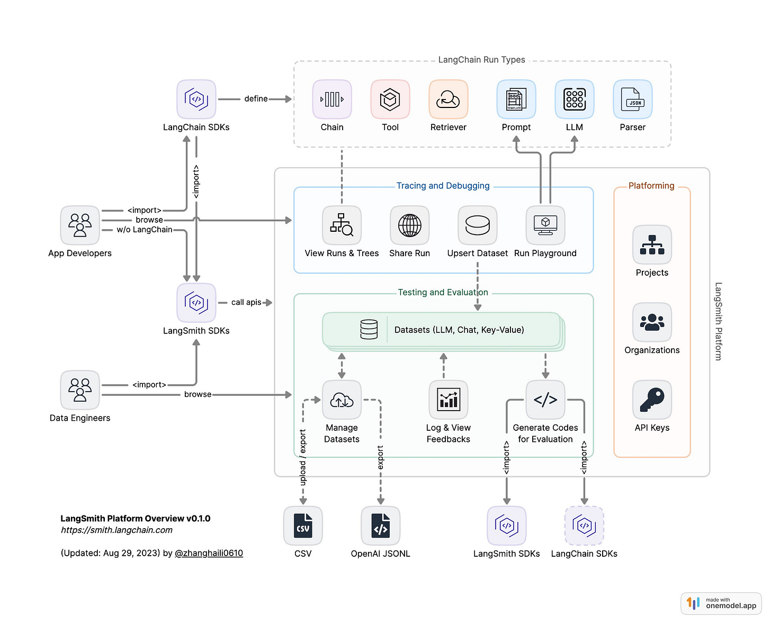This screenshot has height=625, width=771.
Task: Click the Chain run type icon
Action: pyautogui.click(x=332, y=99)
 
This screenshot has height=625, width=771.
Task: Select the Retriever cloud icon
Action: pyautogui.click(x=448, y=99)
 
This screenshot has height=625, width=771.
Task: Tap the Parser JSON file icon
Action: pyautogui.click(x=632, y=99)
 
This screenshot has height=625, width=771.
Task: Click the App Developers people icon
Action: pyautogui.click(x=80, y=225)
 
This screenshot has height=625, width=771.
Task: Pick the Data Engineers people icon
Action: pyautogui.click(x=80, y=390)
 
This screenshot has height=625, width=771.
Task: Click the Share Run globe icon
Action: pyautogui.click(x=409, y=225)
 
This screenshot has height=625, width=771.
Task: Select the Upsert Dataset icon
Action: pyautogui.click(x=477, y=225)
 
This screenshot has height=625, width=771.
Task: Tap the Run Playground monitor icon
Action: pyautogui.click(x=545, y=225)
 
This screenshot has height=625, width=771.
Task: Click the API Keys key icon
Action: pyautogui.click(x=652, y=400)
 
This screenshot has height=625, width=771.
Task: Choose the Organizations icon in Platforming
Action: pyautogui.click(x=652, y=322)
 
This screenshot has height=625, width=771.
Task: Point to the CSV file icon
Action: pyautogui.click(x=303, y=526)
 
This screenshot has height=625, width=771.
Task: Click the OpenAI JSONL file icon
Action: pyautogui.click(x=380, y=526)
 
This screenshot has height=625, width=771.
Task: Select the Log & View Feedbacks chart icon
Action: pyautogui.click(x=448, y=400)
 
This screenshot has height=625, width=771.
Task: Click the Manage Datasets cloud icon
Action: pyautogui.click(x=342, y=400)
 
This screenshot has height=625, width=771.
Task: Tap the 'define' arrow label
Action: pyautogui.click(x=256, y=99)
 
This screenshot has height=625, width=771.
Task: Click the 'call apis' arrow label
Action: pyautogui.click(x=246, y=303)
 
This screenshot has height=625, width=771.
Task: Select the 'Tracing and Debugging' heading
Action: pyautogui.click(x=443, y=186)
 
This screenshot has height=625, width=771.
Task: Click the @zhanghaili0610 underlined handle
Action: pyautogui.click(x=209, y=554)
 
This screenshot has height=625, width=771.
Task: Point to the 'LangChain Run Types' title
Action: pyautogui.click(x=481, y=60)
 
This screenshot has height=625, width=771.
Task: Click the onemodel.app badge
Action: pyautogui.click(x=721, y=603)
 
